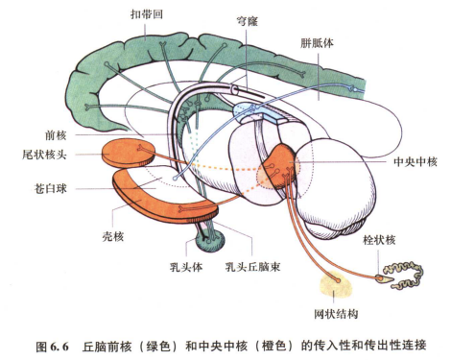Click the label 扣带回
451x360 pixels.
[153, 16]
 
